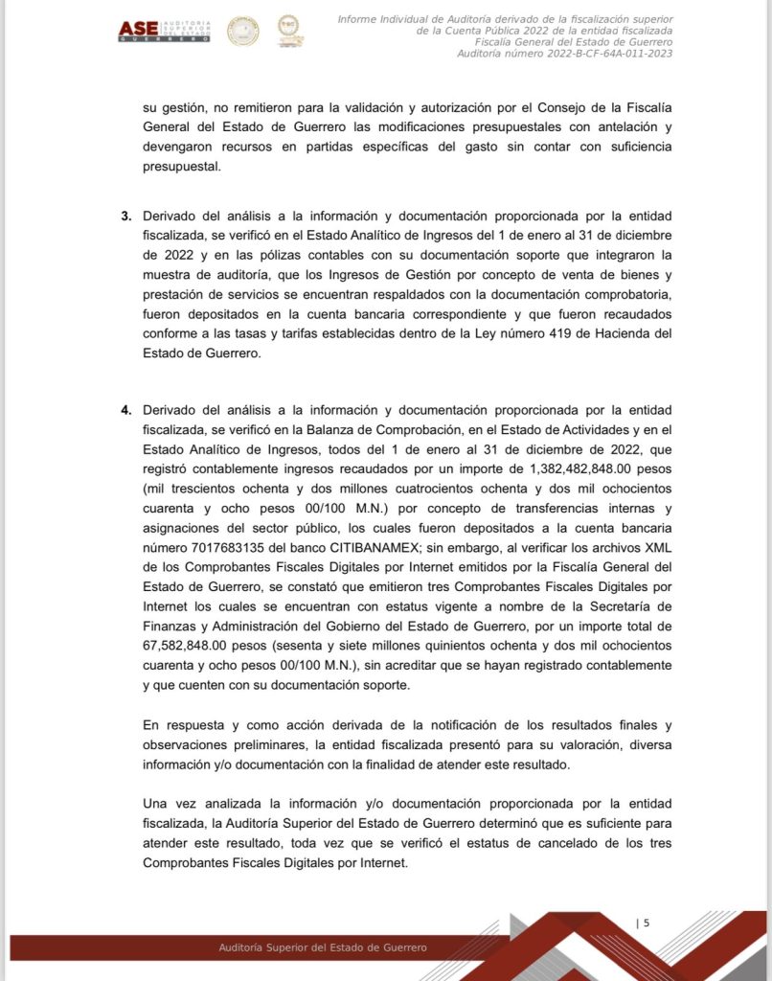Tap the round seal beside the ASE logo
click(242, 31)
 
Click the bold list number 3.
click(125, 216)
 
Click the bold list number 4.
click(125, 411)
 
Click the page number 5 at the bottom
click(647, 924)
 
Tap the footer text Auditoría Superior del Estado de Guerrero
click(323, 947)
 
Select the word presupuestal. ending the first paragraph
click(181, 166)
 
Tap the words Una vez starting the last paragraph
click(169, 803)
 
